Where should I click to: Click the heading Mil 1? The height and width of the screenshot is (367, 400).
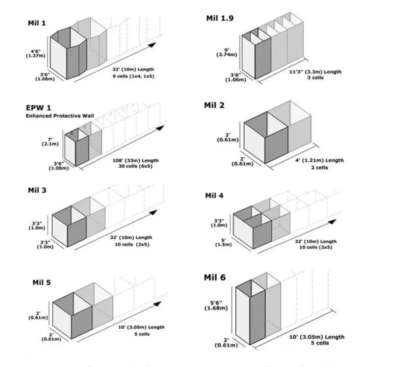[37, 23]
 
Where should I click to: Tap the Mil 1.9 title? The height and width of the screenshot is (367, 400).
[220, 18]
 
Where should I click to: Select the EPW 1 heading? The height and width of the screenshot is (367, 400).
[39, 107]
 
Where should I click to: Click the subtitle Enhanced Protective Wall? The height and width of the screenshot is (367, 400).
[60, 115]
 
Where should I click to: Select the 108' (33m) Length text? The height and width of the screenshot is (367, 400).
[136, 160]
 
